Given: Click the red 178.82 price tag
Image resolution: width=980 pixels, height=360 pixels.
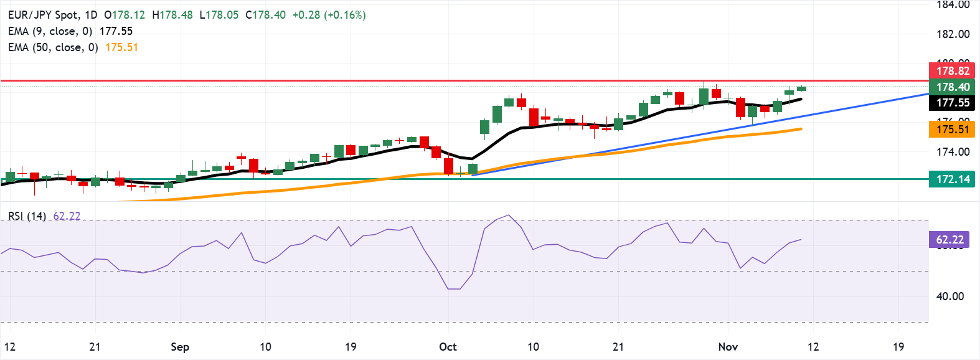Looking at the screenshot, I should [x=951, y=71].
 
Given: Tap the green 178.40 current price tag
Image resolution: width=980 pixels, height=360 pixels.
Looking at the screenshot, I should [x=951, y=87].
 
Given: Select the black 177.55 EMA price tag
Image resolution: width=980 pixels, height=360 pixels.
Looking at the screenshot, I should [x=951, y=103].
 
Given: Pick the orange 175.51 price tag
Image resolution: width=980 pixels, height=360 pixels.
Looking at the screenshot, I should [x=951, y=130].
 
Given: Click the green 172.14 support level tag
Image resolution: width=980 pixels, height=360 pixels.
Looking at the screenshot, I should [x=951, y=179].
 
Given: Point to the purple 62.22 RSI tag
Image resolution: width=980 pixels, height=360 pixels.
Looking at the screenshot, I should [x=949, y=240].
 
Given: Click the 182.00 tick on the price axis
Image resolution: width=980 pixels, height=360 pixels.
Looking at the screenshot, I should [x=953, y=34].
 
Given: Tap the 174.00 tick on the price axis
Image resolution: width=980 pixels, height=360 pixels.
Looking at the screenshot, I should [x=953, y=151].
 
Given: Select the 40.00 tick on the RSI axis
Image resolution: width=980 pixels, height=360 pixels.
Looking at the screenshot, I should [x=950, y=296].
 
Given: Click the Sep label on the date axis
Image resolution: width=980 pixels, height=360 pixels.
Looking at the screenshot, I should [x=180, y=347].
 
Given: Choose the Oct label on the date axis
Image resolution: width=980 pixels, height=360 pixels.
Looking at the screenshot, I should [x=448, y=347].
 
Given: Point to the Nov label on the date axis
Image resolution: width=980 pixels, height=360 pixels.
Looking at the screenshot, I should [x=728, y=347].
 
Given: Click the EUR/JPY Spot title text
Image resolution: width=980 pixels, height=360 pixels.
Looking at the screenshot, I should [x=44, y=15].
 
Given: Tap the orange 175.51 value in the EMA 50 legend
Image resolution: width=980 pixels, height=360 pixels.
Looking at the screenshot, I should [x=121, y=47].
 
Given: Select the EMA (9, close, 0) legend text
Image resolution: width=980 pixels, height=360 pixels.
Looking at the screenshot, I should [x=50, y=31].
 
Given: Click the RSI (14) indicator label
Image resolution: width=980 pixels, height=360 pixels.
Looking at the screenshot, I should [x=27, y=216].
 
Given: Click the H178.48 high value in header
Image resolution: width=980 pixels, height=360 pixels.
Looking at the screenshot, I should [x=172, y=15].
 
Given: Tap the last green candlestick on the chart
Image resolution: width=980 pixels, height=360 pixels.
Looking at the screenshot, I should [x=801, y=88].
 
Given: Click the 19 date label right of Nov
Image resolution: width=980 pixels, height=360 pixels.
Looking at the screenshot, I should [x=898, y=347].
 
